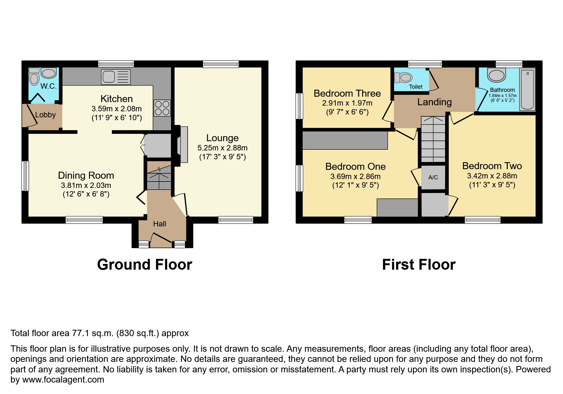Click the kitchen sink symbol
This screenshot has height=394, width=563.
[116, 77]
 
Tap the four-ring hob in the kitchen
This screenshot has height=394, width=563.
[162, 108]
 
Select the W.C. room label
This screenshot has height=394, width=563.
[48, 86]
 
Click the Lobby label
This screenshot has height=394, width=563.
[45, 115]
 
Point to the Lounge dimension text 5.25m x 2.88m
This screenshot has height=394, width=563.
[222, 148]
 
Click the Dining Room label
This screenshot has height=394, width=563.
[86, 176]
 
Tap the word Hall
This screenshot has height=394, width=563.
[159, 224]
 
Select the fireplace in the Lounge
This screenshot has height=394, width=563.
[183, 145]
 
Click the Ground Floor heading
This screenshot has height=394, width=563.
[145, 265]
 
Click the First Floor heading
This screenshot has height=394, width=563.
[419, 265]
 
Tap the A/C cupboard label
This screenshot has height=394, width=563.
[433, 177]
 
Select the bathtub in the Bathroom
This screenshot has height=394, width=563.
[527, 89]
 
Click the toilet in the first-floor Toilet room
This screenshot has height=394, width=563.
[403, 77]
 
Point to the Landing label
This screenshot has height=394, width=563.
[434, 102]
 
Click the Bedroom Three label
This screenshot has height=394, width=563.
[347, 93]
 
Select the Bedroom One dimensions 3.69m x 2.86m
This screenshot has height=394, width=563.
[355, 176]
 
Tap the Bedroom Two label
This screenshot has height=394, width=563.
[492, 166]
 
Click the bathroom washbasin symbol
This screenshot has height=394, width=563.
[496, 75]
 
